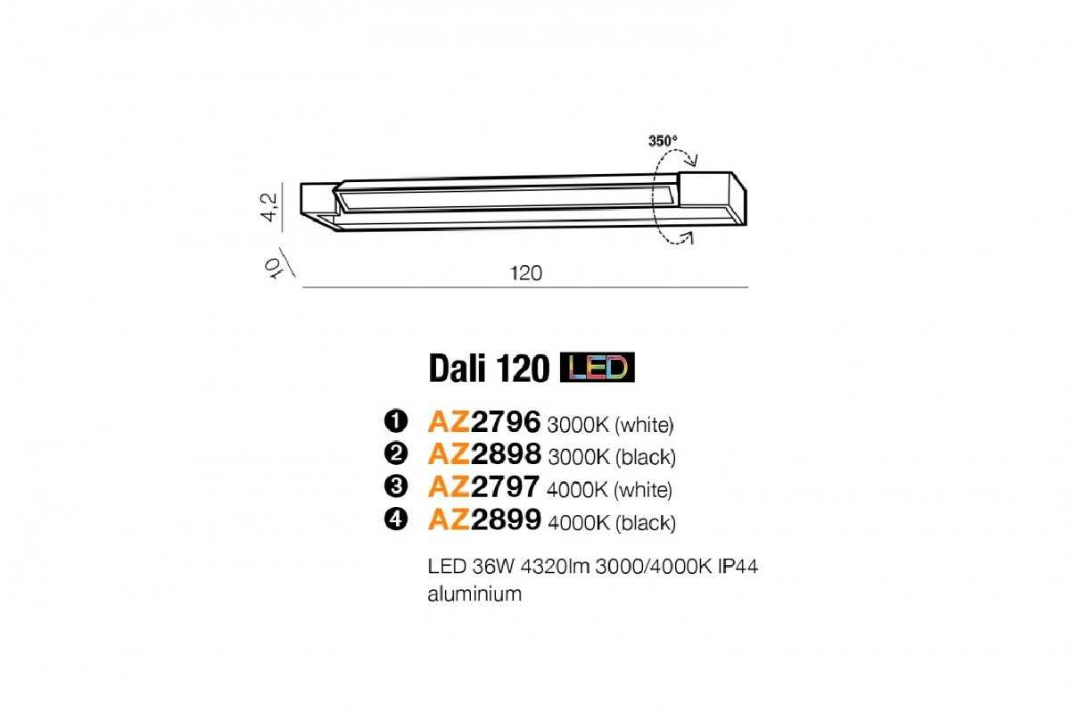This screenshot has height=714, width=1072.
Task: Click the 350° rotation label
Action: tap(663, 141)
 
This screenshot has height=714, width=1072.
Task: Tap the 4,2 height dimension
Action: tap(268, 207)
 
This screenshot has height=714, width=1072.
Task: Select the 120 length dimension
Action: tap(526, 273)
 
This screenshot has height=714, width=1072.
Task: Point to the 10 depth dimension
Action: tap(273, 268)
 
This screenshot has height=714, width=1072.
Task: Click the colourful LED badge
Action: tap(598, 368)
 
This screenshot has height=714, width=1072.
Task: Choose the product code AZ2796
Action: tap(484, 421)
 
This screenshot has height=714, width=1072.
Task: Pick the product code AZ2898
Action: tap(484, 453)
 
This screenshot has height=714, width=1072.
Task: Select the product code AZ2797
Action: tap(483, 486)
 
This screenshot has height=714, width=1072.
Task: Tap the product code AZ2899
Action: tap(484, 519)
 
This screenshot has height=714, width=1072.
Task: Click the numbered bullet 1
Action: tap(396, 421)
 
